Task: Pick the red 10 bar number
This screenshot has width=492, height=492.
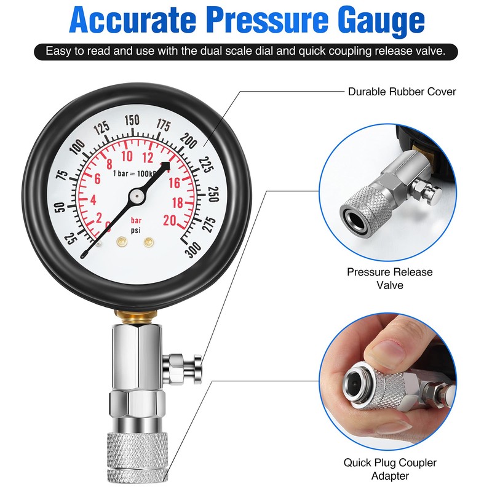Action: click(x=127, y=155)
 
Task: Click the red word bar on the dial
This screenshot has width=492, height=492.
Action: click(x=137, y=220)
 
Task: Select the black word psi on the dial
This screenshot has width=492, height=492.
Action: click(x=135, y=230)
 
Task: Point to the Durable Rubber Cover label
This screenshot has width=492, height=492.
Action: click(x=402, y=92)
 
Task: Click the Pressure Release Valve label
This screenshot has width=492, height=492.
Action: click(x=389, y=278)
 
